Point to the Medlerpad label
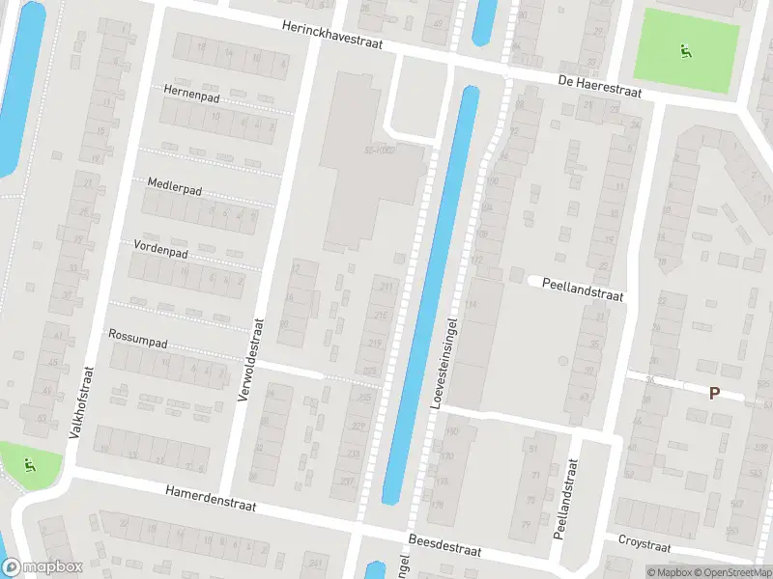174,184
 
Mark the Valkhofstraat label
81,402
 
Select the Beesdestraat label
444,545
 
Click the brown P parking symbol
714,393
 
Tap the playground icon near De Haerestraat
685,50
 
